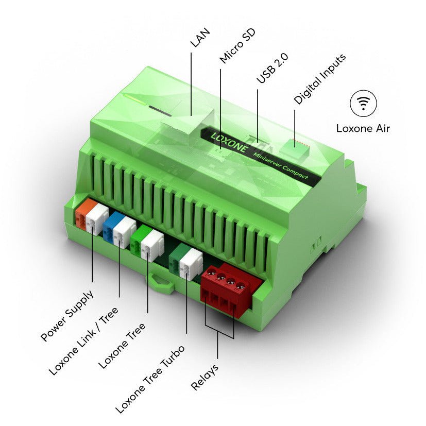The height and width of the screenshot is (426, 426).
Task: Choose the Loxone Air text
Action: click(363, 128)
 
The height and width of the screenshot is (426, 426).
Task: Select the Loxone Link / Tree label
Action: click(83, 340)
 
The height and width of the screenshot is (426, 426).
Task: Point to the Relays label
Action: click(205, 377)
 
